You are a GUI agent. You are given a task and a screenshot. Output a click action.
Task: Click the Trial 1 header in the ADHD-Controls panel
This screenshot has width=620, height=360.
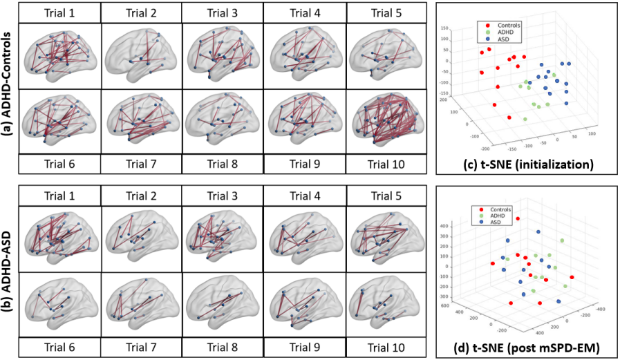tap(60, 12)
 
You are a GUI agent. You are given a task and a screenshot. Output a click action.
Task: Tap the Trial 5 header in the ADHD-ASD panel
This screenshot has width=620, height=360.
tap(385, 196)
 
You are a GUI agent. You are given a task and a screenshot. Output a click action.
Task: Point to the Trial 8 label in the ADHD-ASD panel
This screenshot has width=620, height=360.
tap(223, 348)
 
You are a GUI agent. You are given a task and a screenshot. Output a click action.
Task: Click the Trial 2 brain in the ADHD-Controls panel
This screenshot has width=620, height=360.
tap(141, 57)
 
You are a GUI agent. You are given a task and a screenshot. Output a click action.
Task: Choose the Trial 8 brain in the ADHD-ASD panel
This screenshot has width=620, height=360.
tap(223, 303)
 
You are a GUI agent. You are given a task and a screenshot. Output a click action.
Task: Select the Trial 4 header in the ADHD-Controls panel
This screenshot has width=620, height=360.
tap(304, 12)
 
